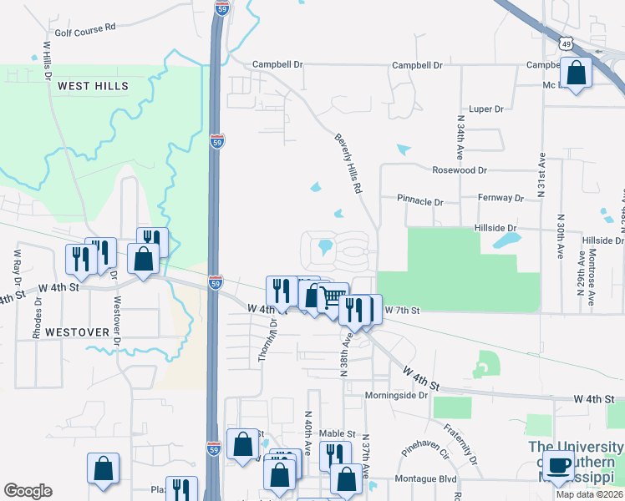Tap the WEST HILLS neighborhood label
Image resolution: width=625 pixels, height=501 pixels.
point(93,86)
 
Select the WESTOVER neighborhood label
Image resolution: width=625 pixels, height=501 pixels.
point(77,331)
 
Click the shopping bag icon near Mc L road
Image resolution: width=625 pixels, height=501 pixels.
point(577,73)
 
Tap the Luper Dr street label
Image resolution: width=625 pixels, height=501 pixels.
point(486,109)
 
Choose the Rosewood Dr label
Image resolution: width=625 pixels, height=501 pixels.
point(459,170)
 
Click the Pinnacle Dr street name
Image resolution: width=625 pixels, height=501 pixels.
point(420,201)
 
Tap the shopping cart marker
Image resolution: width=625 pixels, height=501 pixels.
point(333,297)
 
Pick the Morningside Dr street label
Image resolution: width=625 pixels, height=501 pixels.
point(396,395)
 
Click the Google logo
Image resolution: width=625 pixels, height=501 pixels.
point(28,491)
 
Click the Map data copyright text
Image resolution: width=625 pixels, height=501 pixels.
point(589,494)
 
